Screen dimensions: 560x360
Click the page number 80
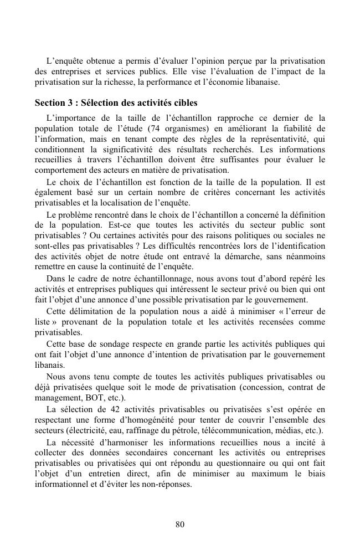tap(179, 525)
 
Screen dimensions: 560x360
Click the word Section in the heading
tap(50, 104)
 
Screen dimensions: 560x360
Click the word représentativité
tap(279, 139)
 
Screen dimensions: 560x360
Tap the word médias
tap(303, 431)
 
